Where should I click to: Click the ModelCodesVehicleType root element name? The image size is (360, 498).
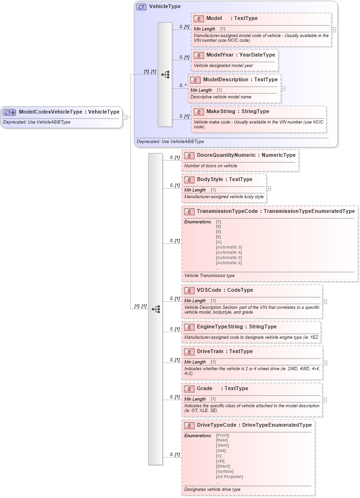click(50, 112)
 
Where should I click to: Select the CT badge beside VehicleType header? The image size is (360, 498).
click(141, 7)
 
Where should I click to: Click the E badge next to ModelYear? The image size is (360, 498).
click(199, 55)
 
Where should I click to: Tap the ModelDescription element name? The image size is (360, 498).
click(225, 80)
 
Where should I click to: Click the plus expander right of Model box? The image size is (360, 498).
click(333, 29)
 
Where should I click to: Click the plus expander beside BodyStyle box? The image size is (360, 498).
click(269, 188)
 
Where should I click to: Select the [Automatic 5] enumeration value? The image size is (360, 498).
click(229, 258)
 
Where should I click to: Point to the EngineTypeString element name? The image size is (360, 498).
click(220, 327)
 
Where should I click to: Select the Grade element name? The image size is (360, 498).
click(204, 389)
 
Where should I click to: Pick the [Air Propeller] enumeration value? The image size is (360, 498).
click(229, 477)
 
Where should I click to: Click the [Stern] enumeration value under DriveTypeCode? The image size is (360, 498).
click(222, 445)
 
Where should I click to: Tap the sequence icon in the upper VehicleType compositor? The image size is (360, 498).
click(165, 75)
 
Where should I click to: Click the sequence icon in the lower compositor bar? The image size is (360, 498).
click(156, 309)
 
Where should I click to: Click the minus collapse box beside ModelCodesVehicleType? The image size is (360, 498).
click(125, 116)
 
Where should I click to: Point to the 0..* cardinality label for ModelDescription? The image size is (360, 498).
click(183, 86)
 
